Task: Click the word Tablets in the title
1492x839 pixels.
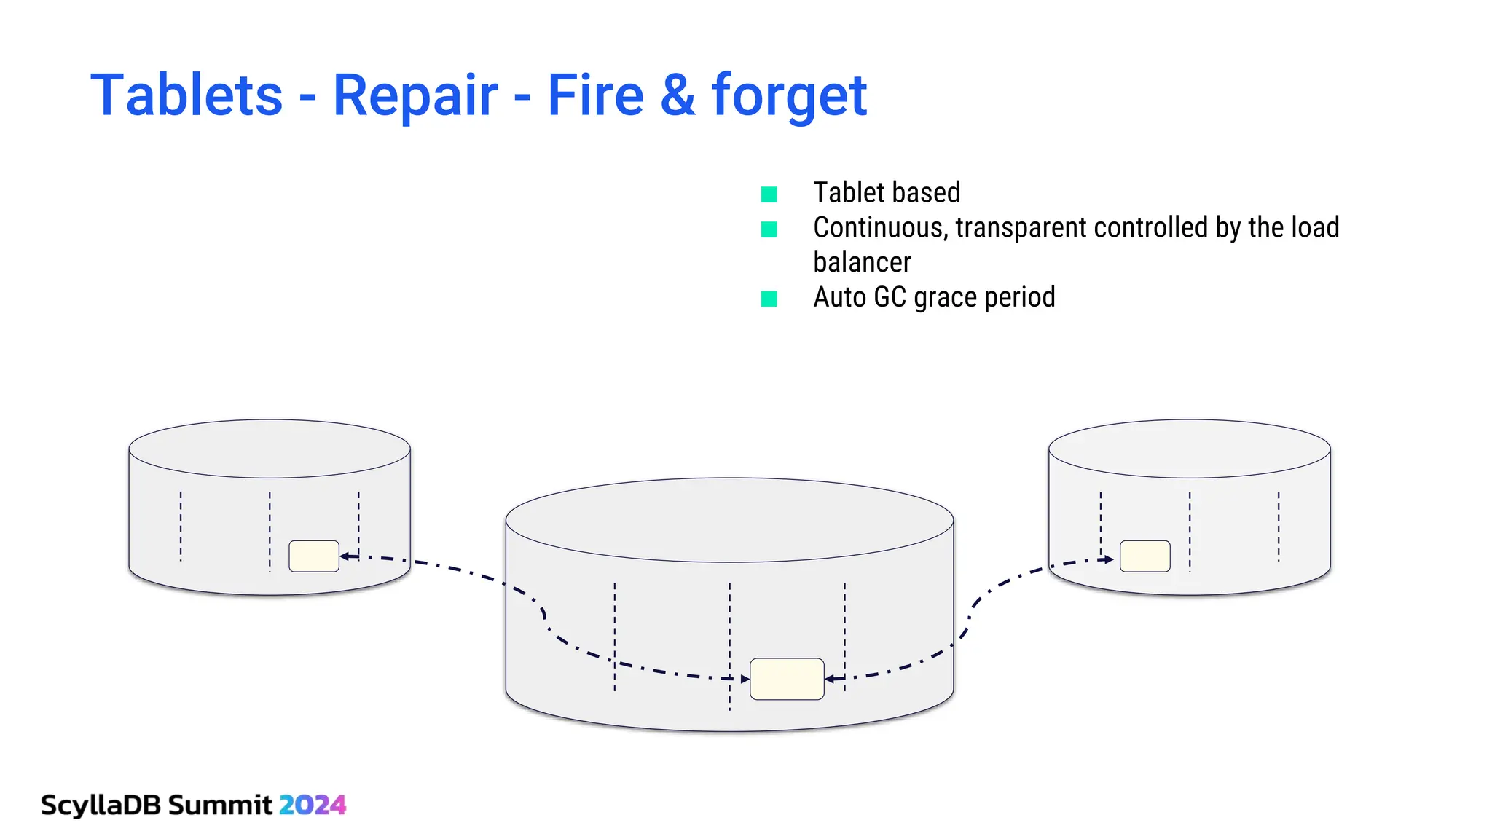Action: (186, 95)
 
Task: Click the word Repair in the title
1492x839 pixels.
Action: (415, 95)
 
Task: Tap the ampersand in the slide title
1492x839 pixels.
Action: (678, 95)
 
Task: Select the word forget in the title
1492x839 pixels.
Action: (789, 95)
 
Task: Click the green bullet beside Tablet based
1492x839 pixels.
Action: (769, 194)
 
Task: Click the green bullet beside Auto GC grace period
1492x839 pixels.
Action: (769, 299)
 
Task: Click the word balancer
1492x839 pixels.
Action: (862, 262)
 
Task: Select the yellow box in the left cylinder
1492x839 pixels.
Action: (314, 556)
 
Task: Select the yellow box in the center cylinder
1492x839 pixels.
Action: (787, 679)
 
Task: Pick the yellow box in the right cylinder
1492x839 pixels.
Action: (1144, 556)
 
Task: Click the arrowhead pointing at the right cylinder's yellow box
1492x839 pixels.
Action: (1109, 559)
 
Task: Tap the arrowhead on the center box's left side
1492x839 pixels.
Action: (745, 679)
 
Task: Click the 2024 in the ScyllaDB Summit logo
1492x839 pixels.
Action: (313, 805)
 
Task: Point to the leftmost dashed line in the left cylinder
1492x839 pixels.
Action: (181, 526)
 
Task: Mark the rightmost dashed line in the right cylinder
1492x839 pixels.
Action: (1279, 526)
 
